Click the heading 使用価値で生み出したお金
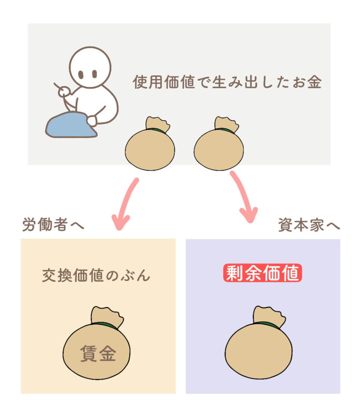pos(227,82)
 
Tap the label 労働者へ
pos(53,224)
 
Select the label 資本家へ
pos(309,225)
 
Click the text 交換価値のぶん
pos(96,275)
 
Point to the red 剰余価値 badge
pos(262,273)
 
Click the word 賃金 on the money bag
pos(98,353)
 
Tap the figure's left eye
pos(81,74)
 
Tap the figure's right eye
pos(94,74)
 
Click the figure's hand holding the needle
pos(64,92)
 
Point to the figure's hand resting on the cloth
pos(92,121)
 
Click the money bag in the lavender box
pos(259,343)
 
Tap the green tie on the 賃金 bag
pos(106,325)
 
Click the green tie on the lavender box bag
pos(268,324)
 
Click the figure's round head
pos(90,67)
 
